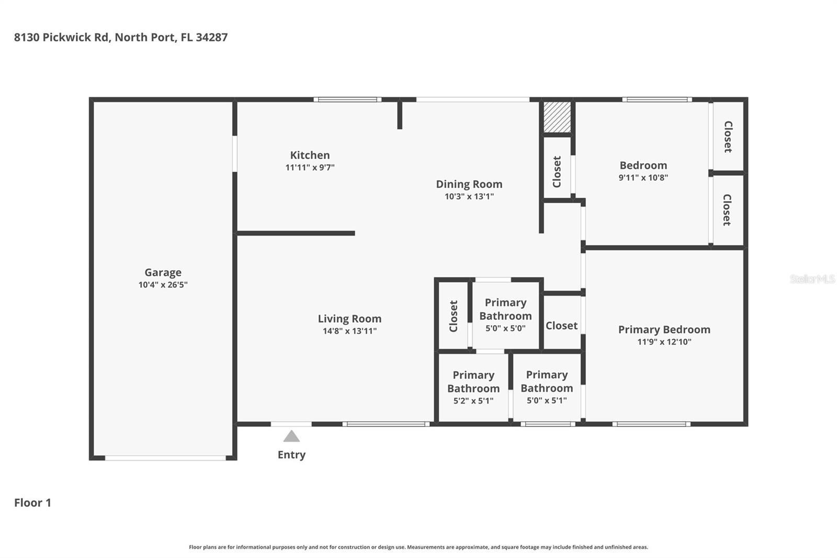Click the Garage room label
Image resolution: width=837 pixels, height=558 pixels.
coord(163,272)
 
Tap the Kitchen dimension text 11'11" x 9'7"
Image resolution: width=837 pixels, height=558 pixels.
coord(310,168)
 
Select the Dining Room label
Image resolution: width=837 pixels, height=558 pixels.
coord(469,184)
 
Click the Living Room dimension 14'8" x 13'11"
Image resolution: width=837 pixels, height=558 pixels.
coord(349,331)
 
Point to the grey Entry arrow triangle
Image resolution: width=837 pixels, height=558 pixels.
coord(291,436)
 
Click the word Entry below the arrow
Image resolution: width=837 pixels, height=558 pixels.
coord(291,454)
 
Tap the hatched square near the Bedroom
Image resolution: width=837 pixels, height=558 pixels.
coord(557,117)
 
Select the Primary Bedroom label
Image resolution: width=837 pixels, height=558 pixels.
coord(664,329)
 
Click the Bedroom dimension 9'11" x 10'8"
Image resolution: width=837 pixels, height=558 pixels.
coord(643,177)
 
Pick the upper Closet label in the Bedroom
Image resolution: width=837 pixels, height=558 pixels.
coord(728,137)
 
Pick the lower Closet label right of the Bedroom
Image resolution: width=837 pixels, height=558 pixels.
coord(727,210)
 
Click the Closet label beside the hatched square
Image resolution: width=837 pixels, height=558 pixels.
coord(557,172)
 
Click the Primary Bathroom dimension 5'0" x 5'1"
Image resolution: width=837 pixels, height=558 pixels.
coord(546,400)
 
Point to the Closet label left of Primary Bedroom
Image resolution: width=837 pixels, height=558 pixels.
coord(561,326)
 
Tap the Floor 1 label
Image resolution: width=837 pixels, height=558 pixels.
coord(32,503)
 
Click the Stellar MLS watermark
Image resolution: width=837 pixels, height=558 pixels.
coord(812,279)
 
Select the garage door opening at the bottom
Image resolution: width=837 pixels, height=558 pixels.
coord(165,458)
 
